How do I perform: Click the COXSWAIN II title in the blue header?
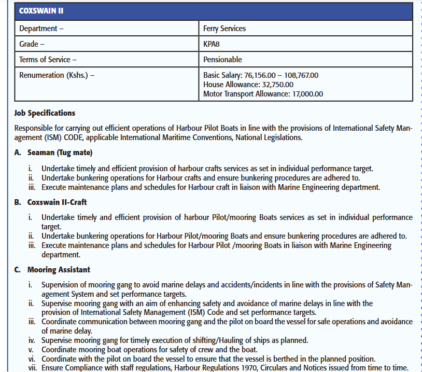pos(41,11)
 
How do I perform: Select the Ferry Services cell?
pos(224,29)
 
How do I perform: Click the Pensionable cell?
pos(222,60)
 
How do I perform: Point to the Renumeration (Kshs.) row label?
pos(57,75)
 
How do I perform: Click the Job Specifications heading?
pos(45,113)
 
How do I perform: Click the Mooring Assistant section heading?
pos(59,270)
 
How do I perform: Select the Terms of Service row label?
pos(48,60)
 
